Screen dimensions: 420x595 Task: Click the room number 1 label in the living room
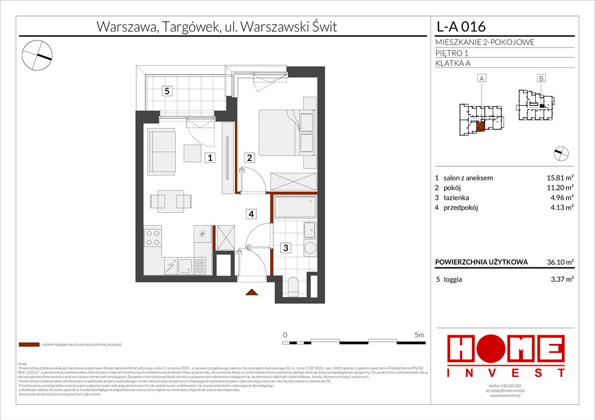[209, 159]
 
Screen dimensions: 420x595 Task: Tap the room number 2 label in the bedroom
[249, 159]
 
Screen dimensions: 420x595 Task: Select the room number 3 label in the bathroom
[285, 248]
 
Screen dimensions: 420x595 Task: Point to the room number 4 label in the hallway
[250, 214]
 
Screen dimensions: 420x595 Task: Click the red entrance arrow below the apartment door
[252, 293]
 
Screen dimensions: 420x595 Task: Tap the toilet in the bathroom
[294, 285]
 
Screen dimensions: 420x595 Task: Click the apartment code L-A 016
[460, 26]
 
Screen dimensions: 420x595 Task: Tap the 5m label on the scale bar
[419, 334]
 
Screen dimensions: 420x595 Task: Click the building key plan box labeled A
[482, 79]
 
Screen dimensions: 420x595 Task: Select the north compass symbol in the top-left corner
[37, 55]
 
